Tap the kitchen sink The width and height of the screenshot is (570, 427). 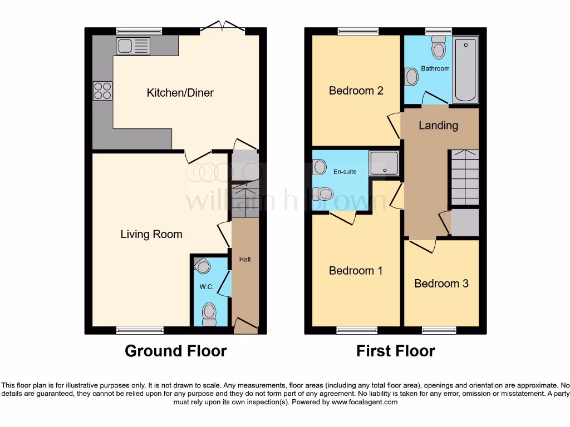coord(133,46)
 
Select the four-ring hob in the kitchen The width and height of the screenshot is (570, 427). coord(102,91)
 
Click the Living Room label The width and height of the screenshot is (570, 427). coord(151,234)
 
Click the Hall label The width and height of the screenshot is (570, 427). coord(245,259)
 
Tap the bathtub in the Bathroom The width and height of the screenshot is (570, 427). coord(465,70)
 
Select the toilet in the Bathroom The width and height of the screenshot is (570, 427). coord(439,48)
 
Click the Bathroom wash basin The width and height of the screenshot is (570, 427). coord(411,77)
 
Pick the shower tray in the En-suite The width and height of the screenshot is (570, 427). coord(384,163)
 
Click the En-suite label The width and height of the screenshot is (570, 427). coord(345,172)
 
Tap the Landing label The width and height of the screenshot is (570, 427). coord(438,125)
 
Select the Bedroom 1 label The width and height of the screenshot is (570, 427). coord(356,271)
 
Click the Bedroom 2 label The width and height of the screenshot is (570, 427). coord(356,91)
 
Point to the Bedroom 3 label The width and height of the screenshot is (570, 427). coord(441,284)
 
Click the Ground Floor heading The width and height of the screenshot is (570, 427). coord(175,351)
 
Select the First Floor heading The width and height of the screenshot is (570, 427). coord(395,351)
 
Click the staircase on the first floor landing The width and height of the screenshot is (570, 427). coord(464,178)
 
